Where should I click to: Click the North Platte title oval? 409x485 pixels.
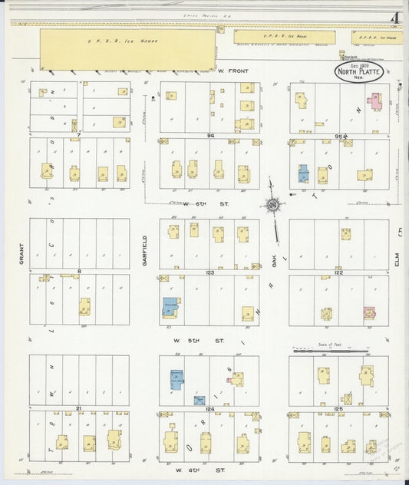[x=358, y=74]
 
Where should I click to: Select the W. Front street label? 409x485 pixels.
[x=235, y=71]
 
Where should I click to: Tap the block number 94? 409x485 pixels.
[x=209, y=135]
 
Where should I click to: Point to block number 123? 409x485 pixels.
[x=209, y=272]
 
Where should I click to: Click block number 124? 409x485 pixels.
[x=209, y=409]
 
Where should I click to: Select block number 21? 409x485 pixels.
[x=79, y=409]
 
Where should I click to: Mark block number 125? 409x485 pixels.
[x=338, y=409]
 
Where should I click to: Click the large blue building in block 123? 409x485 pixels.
[x=170, y=306]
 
